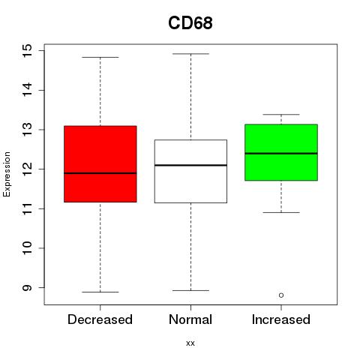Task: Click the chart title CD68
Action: click(190, 23)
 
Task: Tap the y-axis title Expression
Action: click(7, 174)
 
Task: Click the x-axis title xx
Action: click(190, 343)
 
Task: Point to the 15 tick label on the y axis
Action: click(27, 51)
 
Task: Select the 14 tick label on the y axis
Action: click(27, 90)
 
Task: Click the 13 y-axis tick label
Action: click(27, 130)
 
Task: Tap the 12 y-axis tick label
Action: click(27, 169)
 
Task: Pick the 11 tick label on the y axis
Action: click(27, 208)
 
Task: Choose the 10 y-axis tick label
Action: click(27, 248)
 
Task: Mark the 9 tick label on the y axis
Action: click(27, 287)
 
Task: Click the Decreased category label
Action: click(100, 319)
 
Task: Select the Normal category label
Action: click(190, 319)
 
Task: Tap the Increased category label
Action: click(281, 319)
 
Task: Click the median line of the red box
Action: click(100, 173)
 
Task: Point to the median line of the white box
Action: click(190, 165)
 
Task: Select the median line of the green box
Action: click(281, 154)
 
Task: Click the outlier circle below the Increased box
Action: click(281, 295)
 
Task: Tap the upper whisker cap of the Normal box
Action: click(190, 54)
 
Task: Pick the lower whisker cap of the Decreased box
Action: click(100, 292)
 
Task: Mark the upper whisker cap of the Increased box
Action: click(281, 115)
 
